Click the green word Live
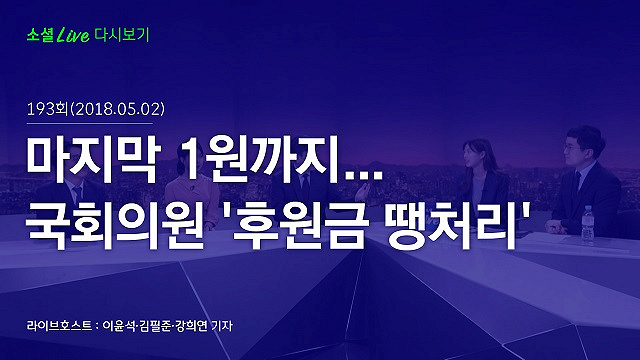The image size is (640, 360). click(73, 35)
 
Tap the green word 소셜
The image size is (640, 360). click(40, 35)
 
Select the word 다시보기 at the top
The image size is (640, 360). click(122, 35)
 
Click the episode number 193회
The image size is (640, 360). click(47, 109)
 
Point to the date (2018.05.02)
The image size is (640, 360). click(118, 109)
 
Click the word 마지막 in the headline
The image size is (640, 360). click(91, 160)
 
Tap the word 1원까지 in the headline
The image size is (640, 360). click(261, 160)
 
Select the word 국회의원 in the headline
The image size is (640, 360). click(115, 226)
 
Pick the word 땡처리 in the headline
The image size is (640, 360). click(452, 226)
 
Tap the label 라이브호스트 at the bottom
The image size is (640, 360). click(60, 326)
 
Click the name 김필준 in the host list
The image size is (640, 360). click(155, 326)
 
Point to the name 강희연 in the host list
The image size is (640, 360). click(191, 326)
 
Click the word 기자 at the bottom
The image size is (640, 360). click(222, 326)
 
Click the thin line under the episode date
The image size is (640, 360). click(90, 123)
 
